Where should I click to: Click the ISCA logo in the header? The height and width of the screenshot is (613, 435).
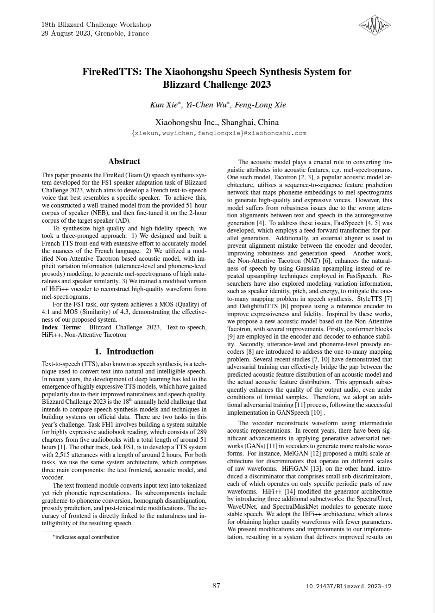(374, 25)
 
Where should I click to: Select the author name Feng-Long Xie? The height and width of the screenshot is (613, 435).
(260, 105)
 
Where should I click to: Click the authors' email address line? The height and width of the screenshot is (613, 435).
(218, 133)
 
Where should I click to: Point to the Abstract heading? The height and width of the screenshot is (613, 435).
(124, 161)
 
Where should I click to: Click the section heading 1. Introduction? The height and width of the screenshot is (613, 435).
(124, 351)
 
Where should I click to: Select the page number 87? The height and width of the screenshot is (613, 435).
(216, 586)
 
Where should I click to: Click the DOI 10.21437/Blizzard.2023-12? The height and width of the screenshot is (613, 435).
(348, 587)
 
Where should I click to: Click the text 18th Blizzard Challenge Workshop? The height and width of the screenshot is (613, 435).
(96, 24)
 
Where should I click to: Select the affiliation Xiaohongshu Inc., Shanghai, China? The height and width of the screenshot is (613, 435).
(217, 123)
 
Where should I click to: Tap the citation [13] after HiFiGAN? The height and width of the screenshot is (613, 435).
(315, 469)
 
